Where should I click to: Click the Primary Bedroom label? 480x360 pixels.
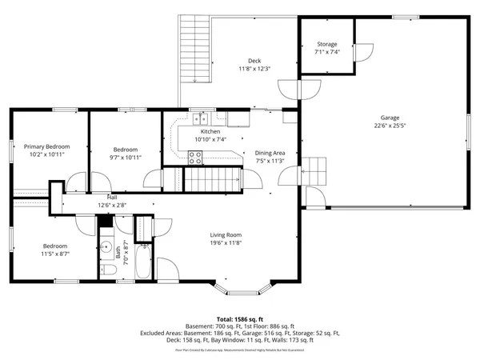(x=46, y=146)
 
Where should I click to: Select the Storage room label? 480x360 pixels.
(x=326, y=44)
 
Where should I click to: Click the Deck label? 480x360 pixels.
(x=254, y=60)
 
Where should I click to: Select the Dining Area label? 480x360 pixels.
(x=270, y=152)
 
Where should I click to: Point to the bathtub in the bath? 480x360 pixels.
(x=144, y=262)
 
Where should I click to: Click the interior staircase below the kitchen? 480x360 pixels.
(x=214, y=180)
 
